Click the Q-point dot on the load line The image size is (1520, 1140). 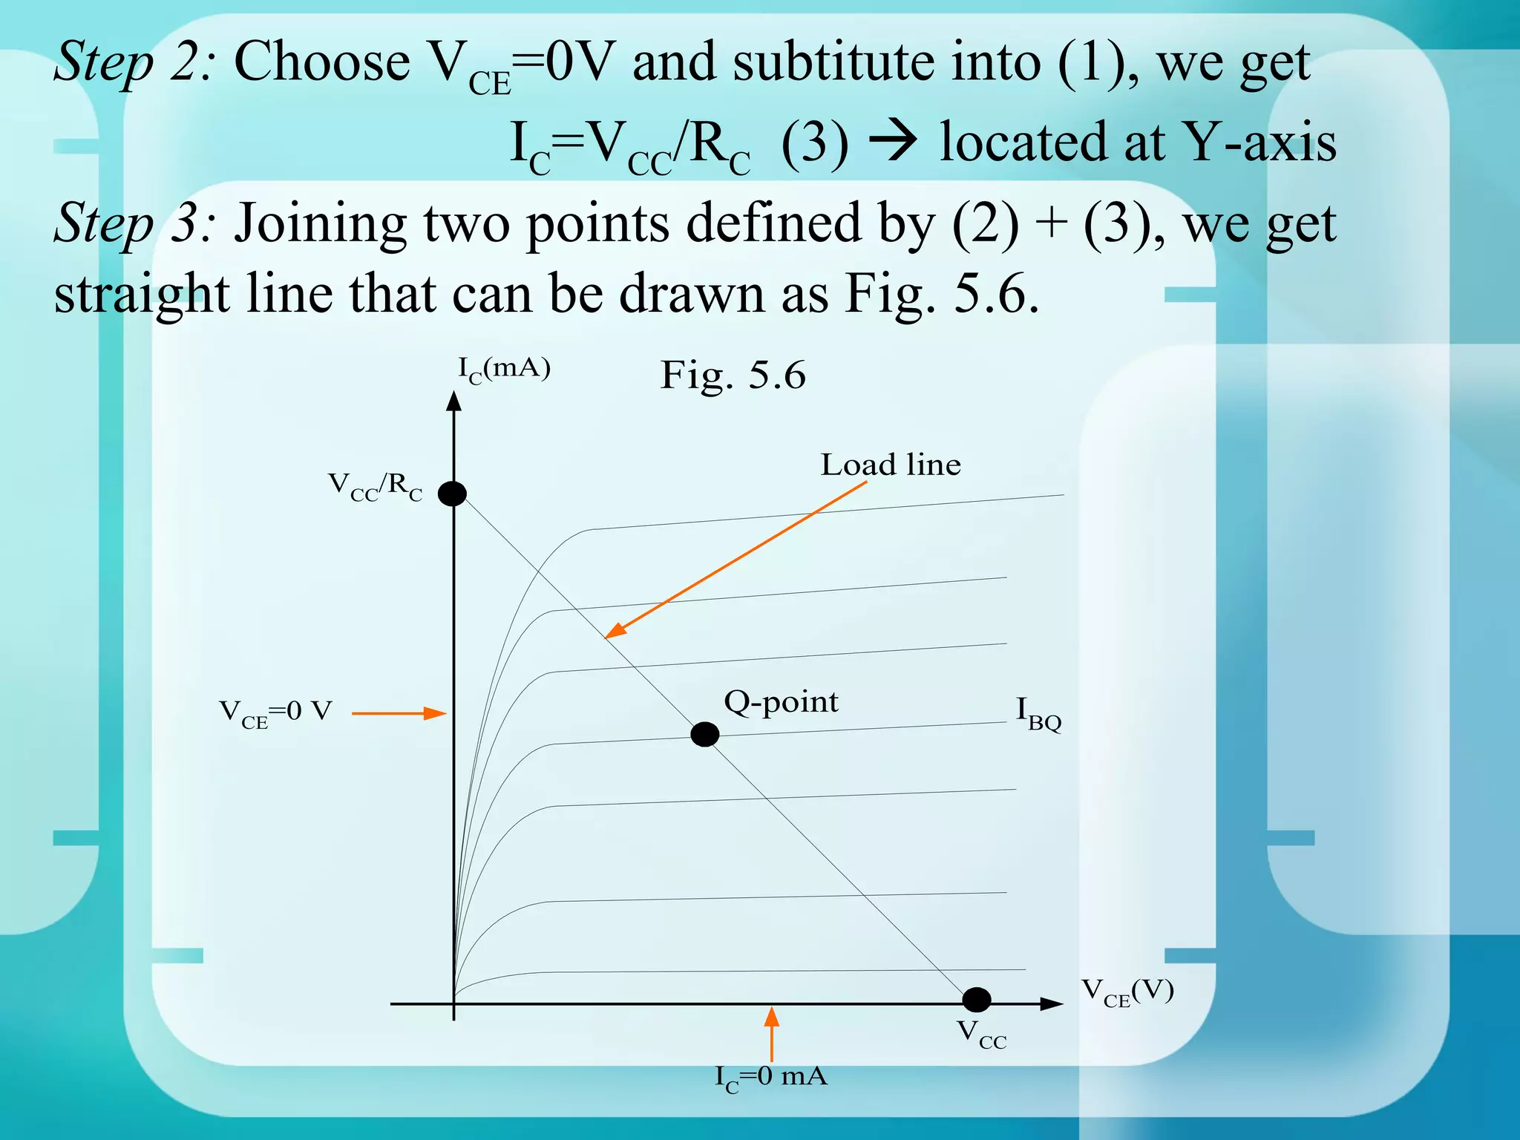[704, 734]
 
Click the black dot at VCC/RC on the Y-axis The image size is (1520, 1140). [452, 493]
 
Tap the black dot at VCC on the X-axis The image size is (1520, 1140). [976, 1000]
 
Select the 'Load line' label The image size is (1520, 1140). [891, 465]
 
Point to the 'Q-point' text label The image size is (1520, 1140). [781, 701]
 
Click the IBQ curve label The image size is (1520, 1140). [1038, 713]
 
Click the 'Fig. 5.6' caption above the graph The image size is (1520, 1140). [733, 375]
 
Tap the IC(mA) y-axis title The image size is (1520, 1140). [504, 369]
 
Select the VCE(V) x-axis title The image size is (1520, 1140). [1127, 992]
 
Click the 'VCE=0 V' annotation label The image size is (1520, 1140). [275, 712]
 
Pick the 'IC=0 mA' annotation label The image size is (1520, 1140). [770, 1077]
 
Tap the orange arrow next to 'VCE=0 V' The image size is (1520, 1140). [399, 713]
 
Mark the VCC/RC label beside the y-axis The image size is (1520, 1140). [376, 487]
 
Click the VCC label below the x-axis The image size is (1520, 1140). [981, 1034]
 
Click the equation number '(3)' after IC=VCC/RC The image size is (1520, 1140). [814, 142]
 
